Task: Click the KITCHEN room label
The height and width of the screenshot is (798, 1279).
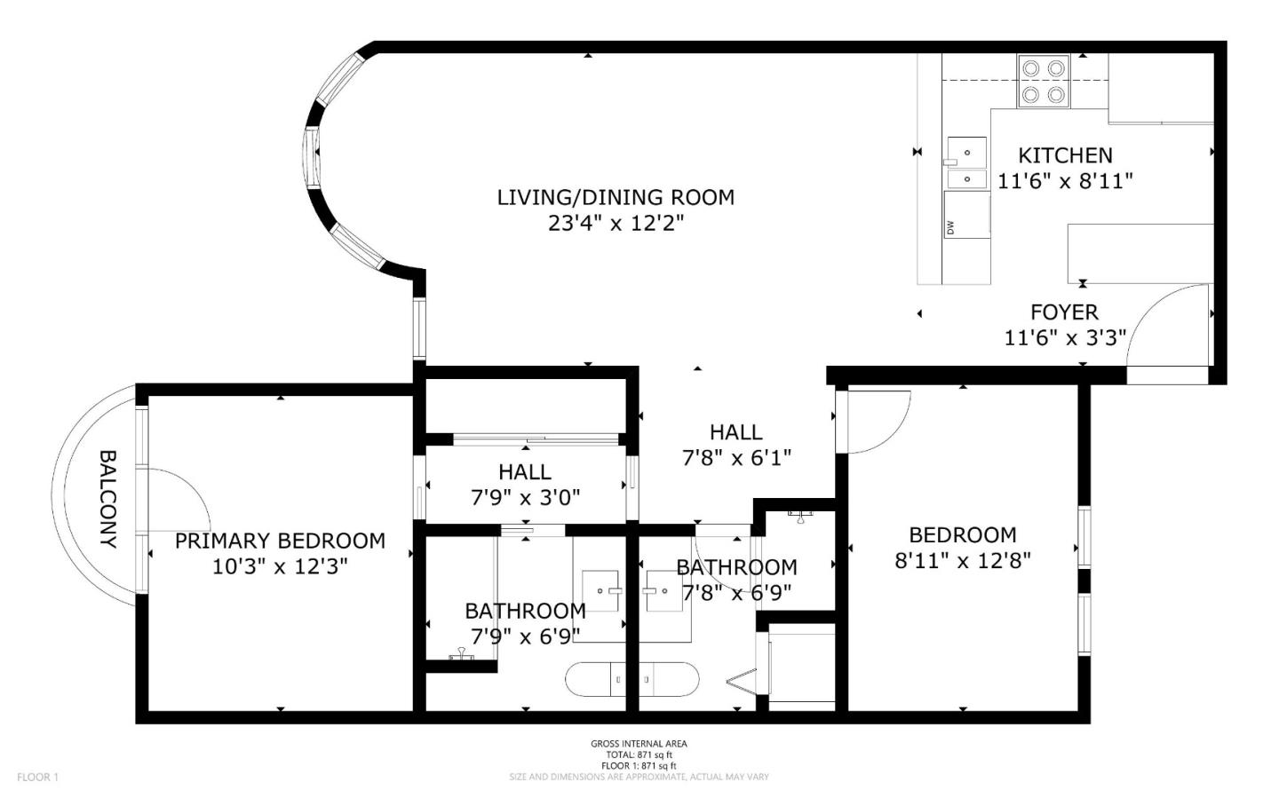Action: pos(1064,155)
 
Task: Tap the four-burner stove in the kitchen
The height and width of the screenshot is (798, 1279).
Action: pos(1043,81)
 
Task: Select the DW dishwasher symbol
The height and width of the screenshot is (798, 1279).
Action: pos(965,215)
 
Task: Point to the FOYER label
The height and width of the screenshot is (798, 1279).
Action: pos(1064,312)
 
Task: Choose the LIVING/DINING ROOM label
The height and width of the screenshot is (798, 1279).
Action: pos(616,197)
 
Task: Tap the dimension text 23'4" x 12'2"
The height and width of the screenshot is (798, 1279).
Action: pos(616,223)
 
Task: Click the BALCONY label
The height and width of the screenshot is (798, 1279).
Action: pos(107,498)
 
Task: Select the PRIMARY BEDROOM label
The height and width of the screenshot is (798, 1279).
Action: pos(280,541)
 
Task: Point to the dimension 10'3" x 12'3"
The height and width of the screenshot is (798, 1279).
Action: pos(280,566)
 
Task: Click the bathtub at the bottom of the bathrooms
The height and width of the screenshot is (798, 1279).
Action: pos(632,679)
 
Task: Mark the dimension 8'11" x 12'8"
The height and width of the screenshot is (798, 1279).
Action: pos(962,561)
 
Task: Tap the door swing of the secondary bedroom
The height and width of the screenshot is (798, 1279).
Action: pos(875,422)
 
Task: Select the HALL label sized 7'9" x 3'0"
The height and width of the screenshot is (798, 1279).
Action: pos(524,472)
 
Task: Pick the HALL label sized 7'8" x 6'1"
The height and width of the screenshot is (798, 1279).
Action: pos(735,432)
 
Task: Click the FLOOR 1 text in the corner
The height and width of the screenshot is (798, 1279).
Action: pos(37,778)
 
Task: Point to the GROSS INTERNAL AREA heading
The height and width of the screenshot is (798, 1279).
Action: pos(639,744)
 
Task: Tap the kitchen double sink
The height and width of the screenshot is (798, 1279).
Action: pos(966,164)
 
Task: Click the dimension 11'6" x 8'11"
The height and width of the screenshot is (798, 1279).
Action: pos(1064,181)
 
